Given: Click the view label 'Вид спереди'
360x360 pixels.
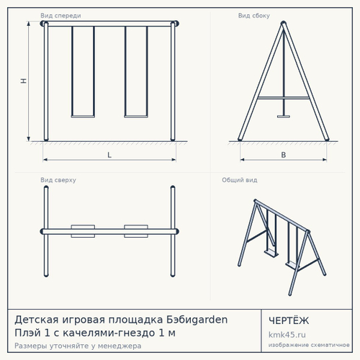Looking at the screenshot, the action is [x=60, y=16].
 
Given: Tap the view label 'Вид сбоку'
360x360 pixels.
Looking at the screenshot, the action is [x=254, y=16].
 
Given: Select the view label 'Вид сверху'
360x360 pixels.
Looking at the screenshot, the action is [x=58, y=180].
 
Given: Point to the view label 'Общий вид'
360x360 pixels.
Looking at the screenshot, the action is [x=240, y=180].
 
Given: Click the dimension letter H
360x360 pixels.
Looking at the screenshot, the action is [x=24, y=81].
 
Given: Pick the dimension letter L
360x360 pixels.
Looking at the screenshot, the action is [x=109, y=155].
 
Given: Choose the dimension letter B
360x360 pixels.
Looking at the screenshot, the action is [x=284, y=155].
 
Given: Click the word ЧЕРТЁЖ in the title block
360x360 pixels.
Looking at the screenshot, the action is [x=289, y=320].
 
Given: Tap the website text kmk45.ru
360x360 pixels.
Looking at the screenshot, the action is [x=287, y=335].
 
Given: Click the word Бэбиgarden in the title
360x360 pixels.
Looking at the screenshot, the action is [x=197, y=320].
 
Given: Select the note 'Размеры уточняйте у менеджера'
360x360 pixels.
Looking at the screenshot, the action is [x=78, y=346].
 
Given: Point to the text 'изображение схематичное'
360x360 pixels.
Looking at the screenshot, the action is [x=309, y=345].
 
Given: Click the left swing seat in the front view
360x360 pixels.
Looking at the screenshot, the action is [x=83, y=117].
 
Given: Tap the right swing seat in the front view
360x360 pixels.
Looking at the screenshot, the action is [x=136, y=117].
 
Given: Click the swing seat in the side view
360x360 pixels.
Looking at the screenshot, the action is [x=284, y=117].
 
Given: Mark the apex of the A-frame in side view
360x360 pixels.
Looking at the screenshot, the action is [x=284, y=23].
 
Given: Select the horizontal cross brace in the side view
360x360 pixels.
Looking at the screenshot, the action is [x=284, y=98].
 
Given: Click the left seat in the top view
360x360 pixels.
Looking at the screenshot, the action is [x=83, y=231].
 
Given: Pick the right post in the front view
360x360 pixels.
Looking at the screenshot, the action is [x=173, y=81].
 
